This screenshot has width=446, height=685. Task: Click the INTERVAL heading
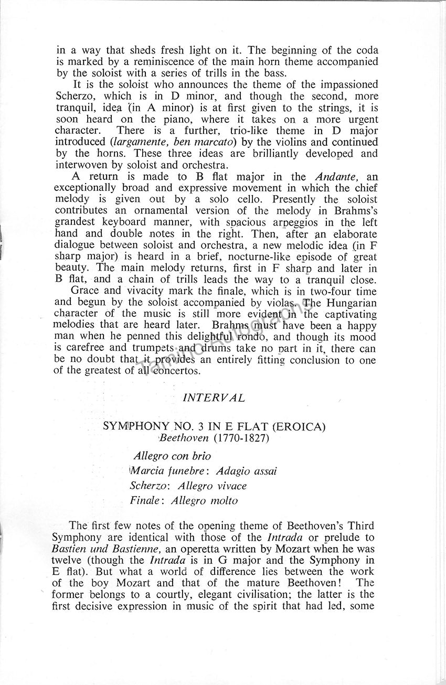pos(213,398)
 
